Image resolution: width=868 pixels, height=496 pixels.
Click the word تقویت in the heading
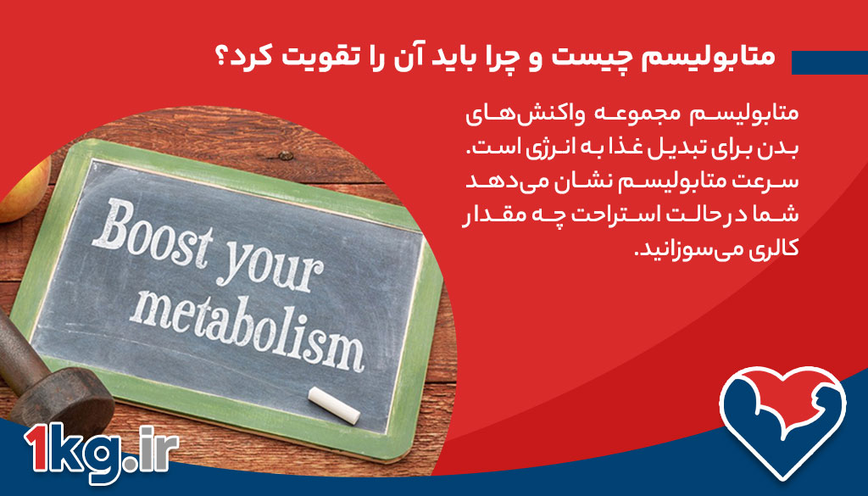(x=325, y=58)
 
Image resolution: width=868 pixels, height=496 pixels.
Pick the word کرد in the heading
(x=257, y=58)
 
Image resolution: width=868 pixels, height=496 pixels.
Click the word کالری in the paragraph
(x=772, y=249)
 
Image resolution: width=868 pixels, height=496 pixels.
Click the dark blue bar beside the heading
(x=829, y=62)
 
